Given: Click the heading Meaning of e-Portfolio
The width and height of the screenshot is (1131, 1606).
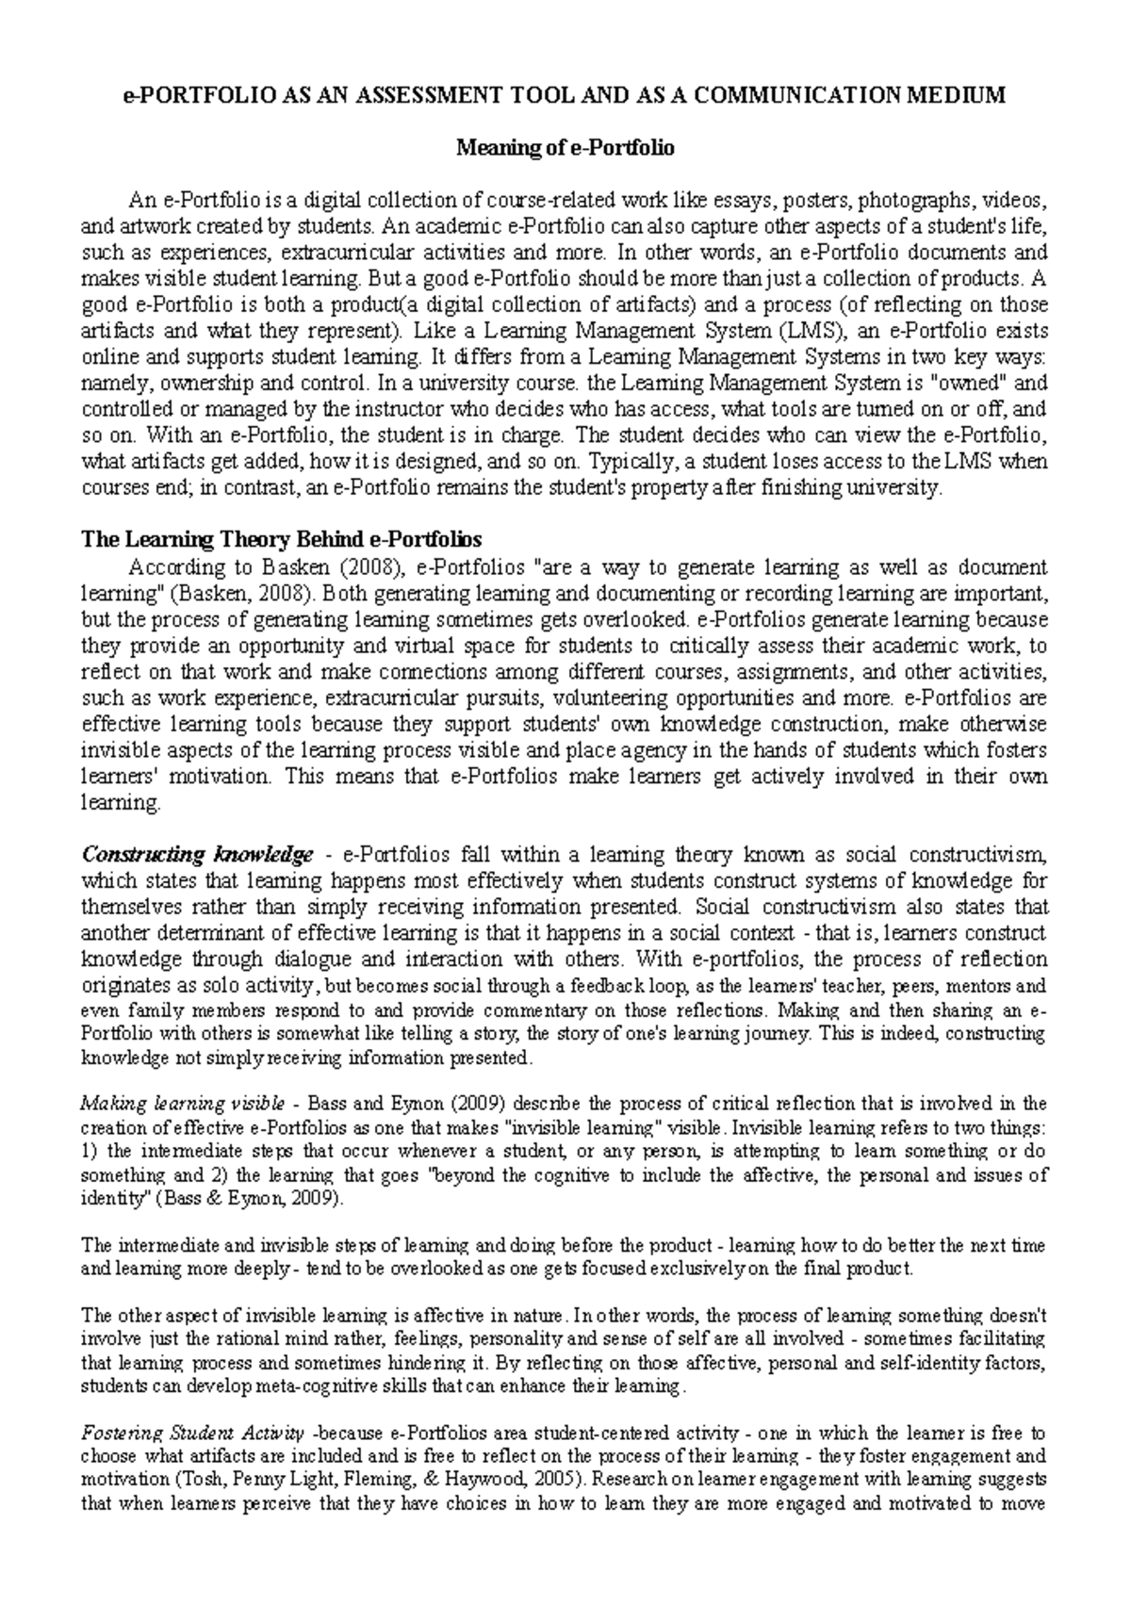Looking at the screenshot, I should [x=565, y=148].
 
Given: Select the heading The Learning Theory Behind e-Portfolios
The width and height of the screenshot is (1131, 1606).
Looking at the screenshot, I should [x=282, y=540].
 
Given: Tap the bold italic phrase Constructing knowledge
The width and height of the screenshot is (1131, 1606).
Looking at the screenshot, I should [x=197, y=855].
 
